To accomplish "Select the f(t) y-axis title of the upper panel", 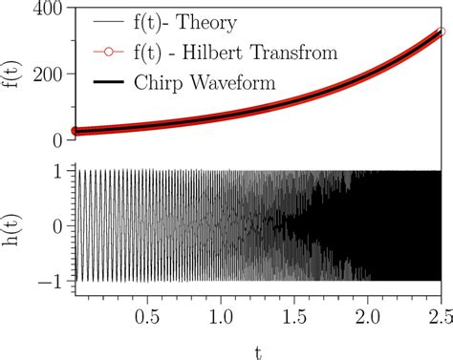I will pos(11,74).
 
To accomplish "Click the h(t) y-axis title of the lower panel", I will pos(11,226).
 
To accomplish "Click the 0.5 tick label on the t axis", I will pos(148,314).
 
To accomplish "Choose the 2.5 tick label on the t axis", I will pos(440,314).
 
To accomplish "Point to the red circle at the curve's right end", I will pos(441,32).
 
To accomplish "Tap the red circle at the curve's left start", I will pos(76,131).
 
